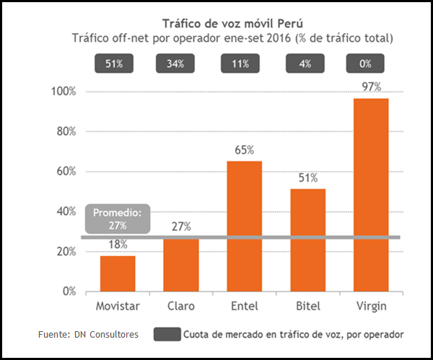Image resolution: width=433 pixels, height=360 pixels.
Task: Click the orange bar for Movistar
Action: pyautogui.click(x=118, y=273)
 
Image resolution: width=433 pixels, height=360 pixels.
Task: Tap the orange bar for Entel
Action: pyautogui.click(x=245, y=226)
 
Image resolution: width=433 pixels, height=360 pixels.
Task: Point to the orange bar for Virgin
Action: pyautogui.click(x=372, y=194)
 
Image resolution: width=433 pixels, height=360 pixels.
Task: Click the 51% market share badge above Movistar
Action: pyautogui.click(x=114, y=63)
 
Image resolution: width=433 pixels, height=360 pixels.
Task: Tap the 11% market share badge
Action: pyautogui.click(x=240, y=63)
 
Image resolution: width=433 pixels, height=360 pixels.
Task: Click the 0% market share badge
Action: pyautogui.click(x=366, y=63)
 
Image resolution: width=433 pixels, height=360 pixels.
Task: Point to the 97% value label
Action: pyautogui.click(x=372, y=87)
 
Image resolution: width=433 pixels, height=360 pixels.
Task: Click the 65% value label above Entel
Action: pyautogui.click(x=245, y=150)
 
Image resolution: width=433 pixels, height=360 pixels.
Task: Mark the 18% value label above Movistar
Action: pyautogui.click(x=118, y=245)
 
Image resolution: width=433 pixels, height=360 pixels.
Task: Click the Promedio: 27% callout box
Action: pyautogui.click(x=118, y=219)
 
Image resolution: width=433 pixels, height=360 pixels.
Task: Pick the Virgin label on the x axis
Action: pyautogui.click(x=372, y=306)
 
